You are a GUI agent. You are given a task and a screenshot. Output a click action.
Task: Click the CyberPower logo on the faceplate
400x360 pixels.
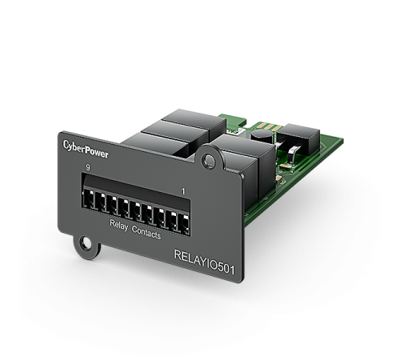tap(86, 150)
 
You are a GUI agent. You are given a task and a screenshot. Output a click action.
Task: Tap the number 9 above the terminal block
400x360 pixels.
tap(88, 168)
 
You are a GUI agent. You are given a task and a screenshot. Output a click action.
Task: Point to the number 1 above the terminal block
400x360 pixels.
tap(183, 191)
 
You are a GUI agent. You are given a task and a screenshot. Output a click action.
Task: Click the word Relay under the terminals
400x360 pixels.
tap(118, 226)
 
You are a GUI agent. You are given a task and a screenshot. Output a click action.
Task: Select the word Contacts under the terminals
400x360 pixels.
tap(146, 233)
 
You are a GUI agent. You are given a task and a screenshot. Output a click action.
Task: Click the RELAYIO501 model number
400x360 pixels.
tap(204, 262)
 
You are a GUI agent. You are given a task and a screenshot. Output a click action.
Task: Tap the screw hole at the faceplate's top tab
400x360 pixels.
tap(209, 161)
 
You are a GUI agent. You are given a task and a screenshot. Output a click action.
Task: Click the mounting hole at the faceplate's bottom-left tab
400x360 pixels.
tap(86, 243)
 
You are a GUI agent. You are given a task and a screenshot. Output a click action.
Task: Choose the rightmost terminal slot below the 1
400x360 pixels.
tap(184, 223)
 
